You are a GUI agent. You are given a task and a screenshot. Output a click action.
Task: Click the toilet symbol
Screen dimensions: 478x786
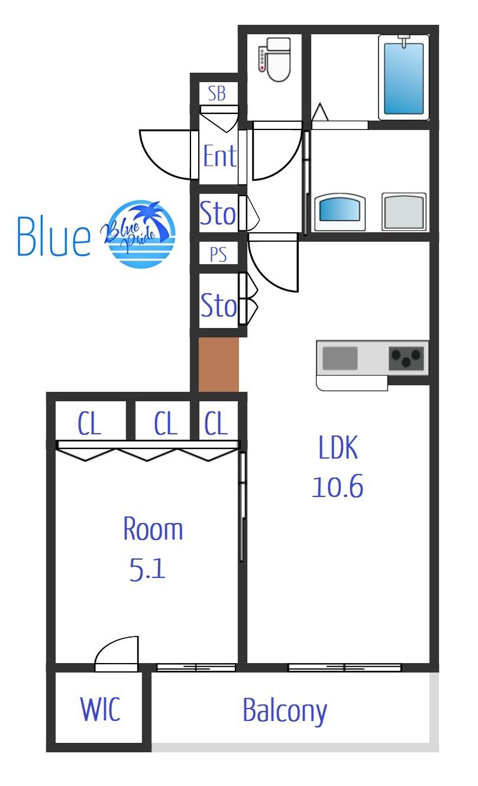pyautogui.click(x=274, y=59)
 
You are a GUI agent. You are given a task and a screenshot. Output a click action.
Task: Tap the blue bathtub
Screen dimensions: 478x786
pyautogui.click(x=403, y=79)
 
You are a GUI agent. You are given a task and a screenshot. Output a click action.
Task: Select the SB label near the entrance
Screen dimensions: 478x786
pyautogui.click(x=217, y=94)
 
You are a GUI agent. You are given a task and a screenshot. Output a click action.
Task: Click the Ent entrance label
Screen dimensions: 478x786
pyautogui.click(x=220, y=155)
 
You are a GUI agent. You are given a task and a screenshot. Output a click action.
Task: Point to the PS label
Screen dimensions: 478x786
pyautogui.click(x=218, y=254)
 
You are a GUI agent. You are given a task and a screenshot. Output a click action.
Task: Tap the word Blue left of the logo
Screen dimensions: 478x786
pyautogui.click(x=54, y=236)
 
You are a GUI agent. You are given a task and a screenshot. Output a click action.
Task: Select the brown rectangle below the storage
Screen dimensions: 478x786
pyautogui.click(x=218, y=365)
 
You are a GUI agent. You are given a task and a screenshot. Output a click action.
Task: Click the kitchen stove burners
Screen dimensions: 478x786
pyautogui.click(x=406, y=358)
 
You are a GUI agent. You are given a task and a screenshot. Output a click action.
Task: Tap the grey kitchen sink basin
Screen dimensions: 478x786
pyautogui.click(x=340, y=358)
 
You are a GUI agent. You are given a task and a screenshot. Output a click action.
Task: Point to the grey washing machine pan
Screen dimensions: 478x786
pyautogui.click(x=404, y=212)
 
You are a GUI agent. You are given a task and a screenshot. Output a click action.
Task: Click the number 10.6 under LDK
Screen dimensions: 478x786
pyautogui.click(x=338, y=486)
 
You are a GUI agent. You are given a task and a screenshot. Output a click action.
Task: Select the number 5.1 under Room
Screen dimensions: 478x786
pyautogui.click(x=147, y=569)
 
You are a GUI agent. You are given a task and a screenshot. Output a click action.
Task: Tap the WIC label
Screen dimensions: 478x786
pyautogui.click(x=101, y=709)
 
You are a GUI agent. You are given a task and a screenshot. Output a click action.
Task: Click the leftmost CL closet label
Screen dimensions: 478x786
pyautogui.click(x=89, y=423)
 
